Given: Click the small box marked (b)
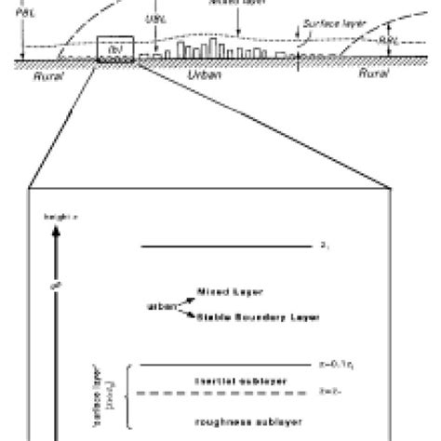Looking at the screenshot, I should [116, 49].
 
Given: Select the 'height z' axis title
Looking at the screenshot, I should [58, 216].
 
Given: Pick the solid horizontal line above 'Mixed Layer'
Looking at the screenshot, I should [223, 246].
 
